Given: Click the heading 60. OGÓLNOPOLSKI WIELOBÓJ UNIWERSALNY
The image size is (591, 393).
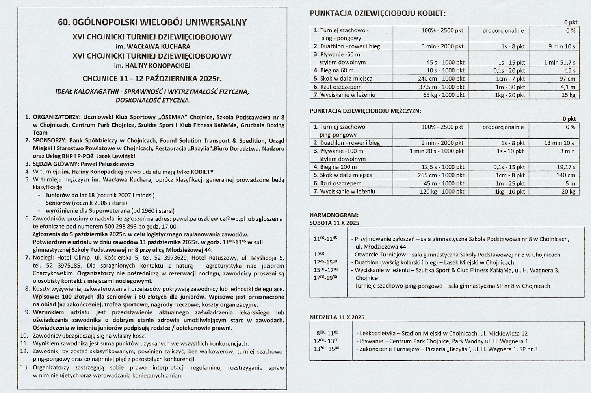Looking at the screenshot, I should tap(152, 22).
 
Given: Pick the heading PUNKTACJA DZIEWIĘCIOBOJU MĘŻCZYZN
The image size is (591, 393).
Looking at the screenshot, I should tap(365, 111).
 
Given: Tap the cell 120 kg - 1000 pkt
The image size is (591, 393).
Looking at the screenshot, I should tap(442, 192).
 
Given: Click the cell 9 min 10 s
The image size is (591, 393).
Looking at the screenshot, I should tap(561, 46).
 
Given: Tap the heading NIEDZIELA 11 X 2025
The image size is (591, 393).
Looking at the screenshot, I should tap(337, 317).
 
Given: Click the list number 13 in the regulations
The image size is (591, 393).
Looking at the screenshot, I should tap(24, 368).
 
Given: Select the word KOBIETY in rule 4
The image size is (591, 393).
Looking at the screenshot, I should tap(202, 172).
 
